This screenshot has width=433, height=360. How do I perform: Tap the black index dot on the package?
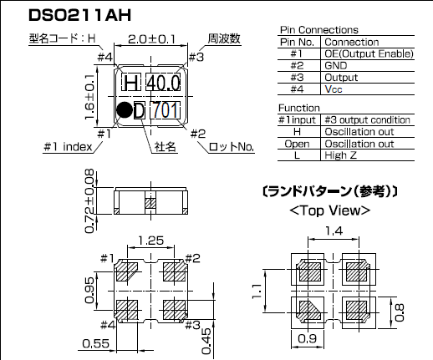pyautogui.click(x=123, y=109)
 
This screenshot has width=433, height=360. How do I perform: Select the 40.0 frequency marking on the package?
pyautogui.click(x=161, y=83)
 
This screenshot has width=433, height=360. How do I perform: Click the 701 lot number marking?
pyautogui.click(x=163, y=109)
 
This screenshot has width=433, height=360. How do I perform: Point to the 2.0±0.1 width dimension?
pyautogui.click(x=152, y=39)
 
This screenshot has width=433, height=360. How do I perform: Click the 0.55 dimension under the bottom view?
pyautogui.click(x=99, y=342)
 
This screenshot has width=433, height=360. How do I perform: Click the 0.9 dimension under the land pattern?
pyautogui.click(x=308, y=339)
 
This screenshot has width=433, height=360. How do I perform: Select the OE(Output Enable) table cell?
pyautogui.click(x=368, y=54)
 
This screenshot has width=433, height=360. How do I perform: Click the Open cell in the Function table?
pyautogui.click(x=297, y=143)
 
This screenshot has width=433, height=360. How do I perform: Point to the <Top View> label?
pyautogui.click(x=329, y=210)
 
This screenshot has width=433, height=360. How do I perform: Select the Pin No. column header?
pyautogui.click(x=298, y=42)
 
